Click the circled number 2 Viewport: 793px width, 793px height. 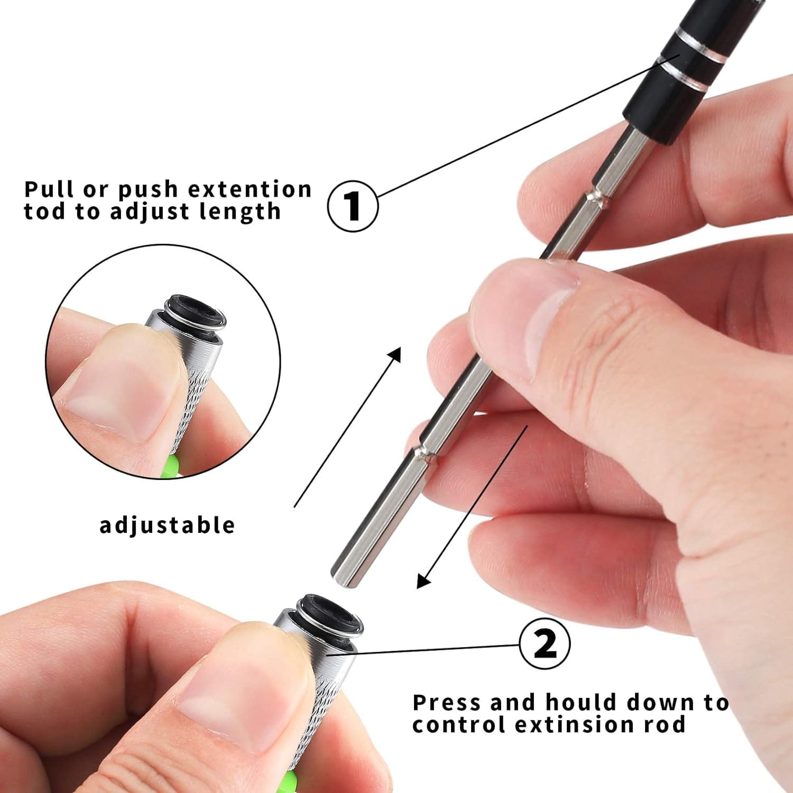point(545,644)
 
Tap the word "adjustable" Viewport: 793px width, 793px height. point(167,525)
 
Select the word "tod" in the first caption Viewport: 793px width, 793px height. point(44,211)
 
